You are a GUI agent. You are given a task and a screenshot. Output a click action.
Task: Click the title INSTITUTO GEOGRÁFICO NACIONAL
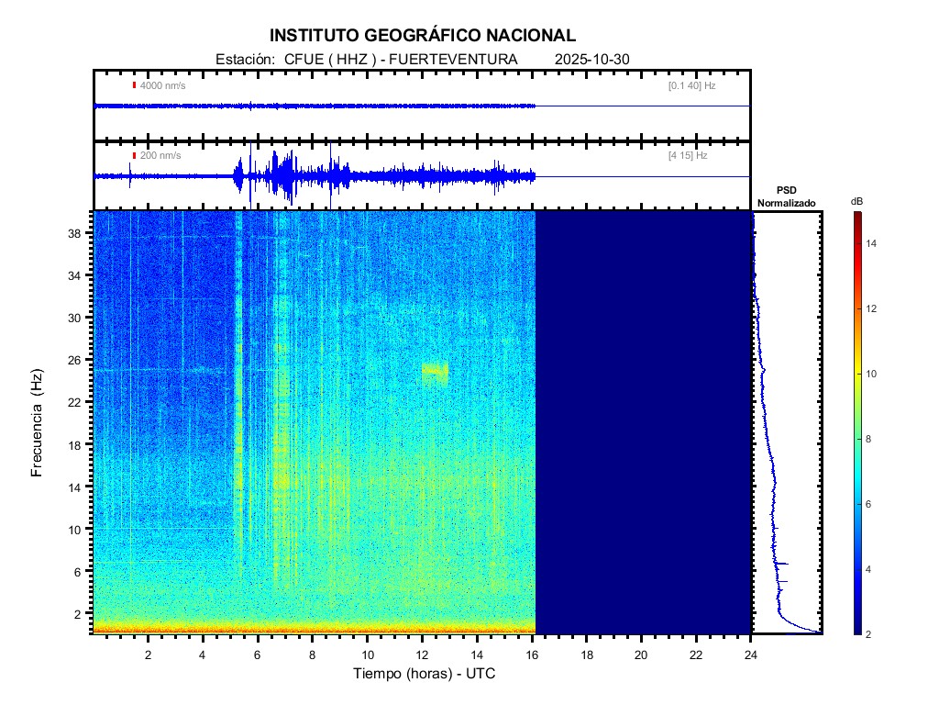[x=423, y=36]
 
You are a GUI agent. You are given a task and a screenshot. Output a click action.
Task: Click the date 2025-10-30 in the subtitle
[x=592, y=60]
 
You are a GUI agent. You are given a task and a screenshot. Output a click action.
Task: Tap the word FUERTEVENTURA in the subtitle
[x=454, y=60]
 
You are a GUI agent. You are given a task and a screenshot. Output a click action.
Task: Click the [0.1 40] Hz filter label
[x=691, y=85]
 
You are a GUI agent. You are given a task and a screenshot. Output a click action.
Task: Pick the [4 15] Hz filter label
[x=688, y=156]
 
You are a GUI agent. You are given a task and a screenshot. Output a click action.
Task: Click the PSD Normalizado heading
[x=786, y=196]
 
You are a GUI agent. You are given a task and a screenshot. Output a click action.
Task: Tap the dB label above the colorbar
[x=856, y=200]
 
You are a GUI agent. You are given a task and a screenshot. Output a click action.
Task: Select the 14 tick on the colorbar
[x=874, y=243]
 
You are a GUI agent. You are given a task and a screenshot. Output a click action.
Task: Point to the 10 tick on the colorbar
[x=874, y=374]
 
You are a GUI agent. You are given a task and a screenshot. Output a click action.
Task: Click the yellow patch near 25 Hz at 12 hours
[x=435, y=371]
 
